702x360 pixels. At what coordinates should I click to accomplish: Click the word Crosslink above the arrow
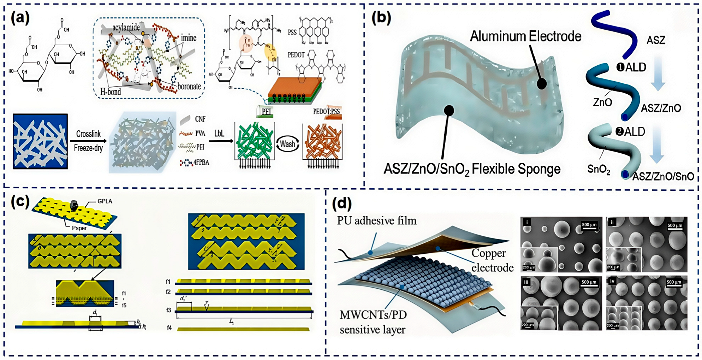(x=88, y=134)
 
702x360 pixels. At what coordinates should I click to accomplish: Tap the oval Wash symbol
(x=287, y=144)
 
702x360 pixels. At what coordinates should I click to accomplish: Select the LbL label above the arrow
(x=219, y=133)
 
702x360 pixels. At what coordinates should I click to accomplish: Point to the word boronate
(x=189, y=86)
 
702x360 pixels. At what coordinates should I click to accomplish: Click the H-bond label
(x=111, y=92)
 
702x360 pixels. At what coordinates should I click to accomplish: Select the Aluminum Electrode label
(x=525, y=36)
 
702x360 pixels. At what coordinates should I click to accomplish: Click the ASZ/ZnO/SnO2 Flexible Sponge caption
(x=472, y=169)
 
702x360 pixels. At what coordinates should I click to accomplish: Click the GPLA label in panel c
(x=105, y=201)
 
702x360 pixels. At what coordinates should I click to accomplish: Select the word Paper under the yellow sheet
(x=79, y=228)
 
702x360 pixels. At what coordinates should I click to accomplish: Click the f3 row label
(x=168, y=310)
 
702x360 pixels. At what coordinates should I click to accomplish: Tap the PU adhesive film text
(x=376, y=221)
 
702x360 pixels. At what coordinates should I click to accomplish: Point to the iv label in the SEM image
(x=612, y=281)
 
